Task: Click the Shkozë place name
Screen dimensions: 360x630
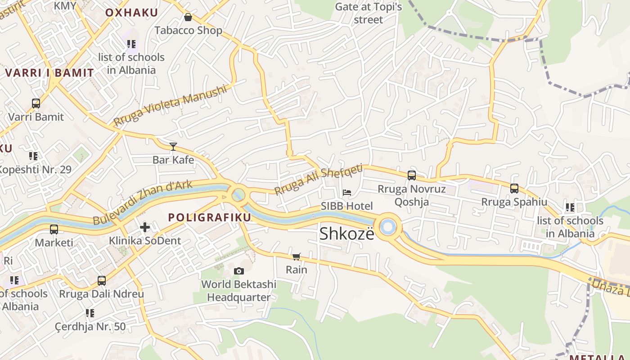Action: click(x=346, y=234)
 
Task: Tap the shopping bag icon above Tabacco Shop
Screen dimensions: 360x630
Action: click(x=188, y=18)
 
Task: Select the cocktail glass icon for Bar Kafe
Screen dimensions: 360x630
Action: click(x=173, y=146)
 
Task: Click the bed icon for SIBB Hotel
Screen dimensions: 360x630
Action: click(x=347, y=193)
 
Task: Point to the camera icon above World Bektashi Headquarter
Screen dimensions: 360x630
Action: click(x=239, y=271)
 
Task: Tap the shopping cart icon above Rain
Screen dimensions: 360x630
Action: click(x=297, y=256)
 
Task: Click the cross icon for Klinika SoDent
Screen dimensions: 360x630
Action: click(x=145, y=227)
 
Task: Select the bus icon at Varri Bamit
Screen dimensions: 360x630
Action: click(x=36, y=103)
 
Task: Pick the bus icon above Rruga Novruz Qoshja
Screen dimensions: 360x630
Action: click(x=411, y=175)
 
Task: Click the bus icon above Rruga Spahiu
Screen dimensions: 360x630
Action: click(x=514, y=189)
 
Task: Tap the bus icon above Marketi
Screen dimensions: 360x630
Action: click(x=54, y=229)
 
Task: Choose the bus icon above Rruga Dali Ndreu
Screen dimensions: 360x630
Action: click(x=102, y=281)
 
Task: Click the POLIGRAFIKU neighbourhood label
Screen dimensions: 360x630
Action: click(x=209, y=217)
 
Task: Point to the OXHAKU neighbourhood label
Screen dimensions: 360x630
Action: click(x=131, y=13)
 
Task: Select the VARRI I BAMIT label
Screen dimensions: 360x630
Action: click(x=49, y=72)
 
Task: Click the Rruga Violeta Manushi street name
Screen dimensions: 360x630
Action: click(x=170, y=106)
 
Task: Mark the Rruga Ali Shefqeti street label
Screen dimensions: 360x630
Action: click(x=318, y=179)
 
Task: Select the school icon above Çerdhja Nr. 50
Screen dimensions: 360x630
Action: click(x=90, y=313)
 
